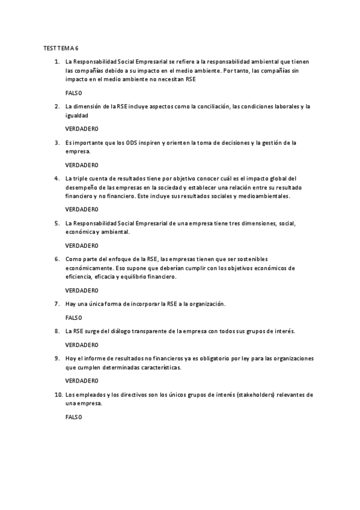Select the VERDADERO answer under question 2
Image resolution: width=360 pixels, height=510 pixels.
tap(81, 129)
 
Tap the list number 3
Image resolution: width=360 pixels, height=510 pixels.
tap(56, 143)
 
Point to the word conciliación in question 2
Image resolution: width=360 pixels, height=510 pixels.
tap(212, 106)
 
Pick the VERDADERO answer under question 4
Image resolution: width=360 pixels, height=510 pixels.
tap(81, 209)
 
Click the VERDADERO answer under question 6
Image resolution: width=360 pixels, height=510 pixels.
tap(81, 290)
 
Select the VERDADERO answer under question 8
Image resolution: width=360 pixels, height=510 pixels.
tap(81, 345)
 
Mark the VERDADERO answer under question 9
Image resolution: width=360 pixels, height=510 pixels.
tap(81, 380)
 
